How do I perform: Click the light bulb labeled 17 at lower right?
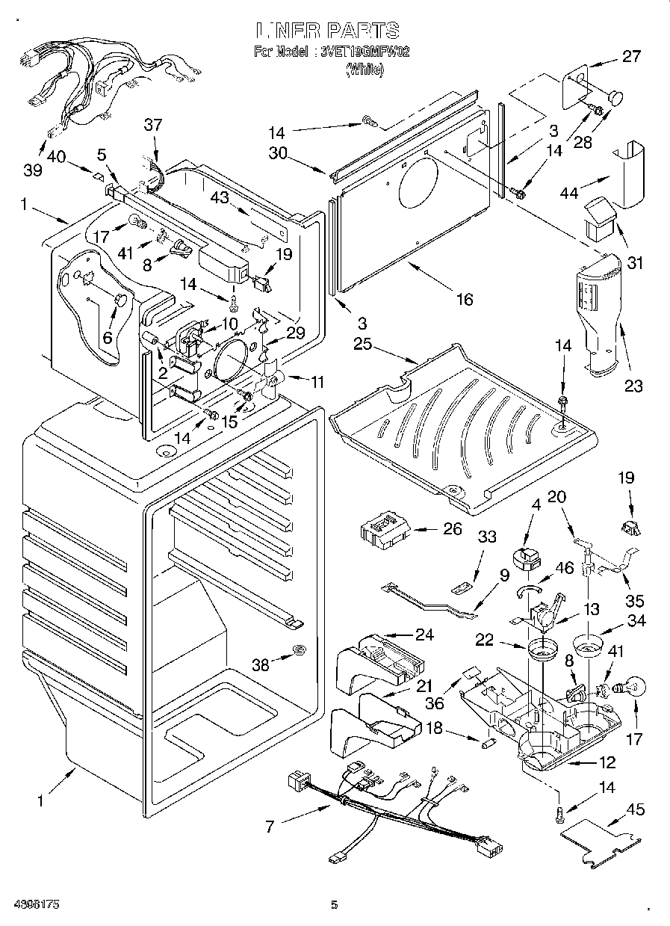630,686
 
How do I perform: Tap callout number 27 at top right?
631,55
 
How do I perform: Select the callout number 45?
636,810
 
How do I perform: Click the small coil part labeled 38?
298,650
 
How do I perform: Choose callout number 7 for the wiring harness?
270,827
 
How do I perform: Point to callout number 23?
633,386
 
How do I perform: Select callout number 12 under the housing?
607,763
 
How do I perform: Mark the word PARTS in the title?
361,31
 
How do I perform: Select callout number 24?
424,635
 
